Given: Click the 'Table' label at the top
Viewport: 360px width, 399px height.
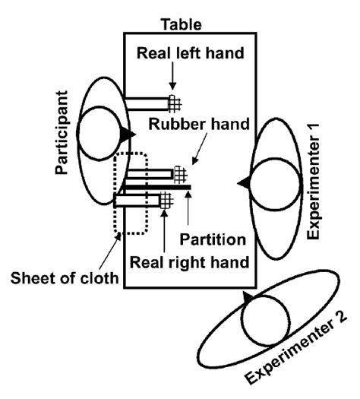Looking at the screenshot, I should pos(180,25).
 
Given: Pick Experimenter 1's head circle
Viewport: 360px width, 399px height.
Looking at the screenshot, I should pos(270,182).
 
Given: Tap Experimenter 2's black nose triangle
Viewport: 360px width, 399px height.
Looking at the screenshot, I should pos(247,296).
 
